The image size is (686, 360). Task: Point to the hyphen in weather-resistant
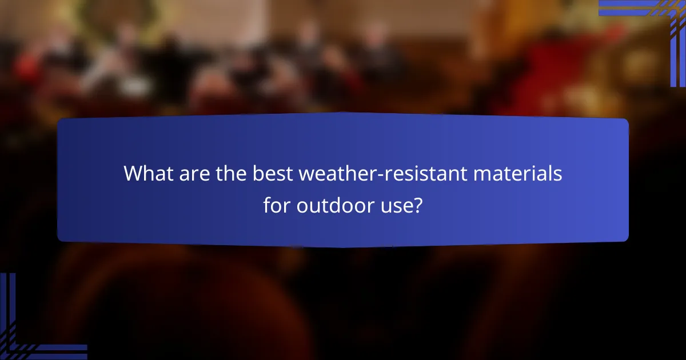coord(358,175)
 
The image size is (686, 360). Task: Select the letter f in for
coord(267,204)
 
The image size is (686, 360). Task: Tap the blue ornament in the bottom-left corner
coord(29,331)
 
